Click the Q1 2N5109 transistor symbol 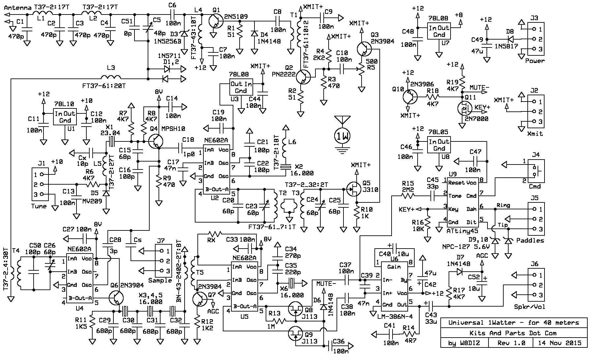click(x=216, y=22)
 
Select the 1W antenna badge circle click(x=342, y=135)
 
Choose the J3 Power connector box click(x=536, y=39)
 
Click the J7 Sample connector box click(x=164, y=261)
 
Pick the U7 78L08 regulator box click(x=439, y=31)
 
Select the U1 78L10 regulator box click(x=65, y=117)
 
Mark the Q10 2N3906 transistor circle click(x=410, y=97)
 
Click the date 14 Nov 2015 click(x=559, y=343)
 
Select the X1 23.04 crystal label click(x=111, y=130)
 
